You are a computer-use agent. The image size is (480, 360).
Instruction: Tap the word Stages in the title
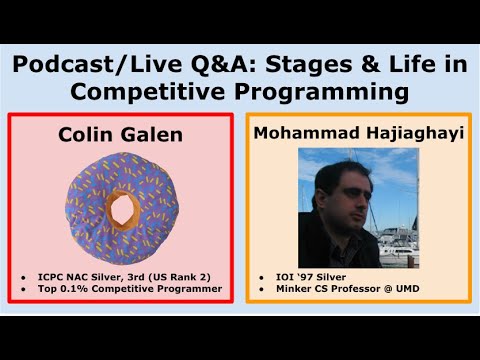point(305,67)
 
